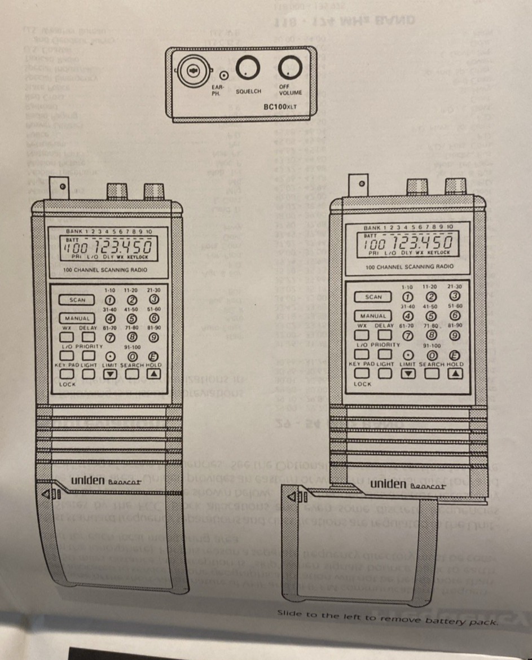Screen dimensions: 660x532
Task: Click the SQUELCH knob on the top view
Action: coord(246,69)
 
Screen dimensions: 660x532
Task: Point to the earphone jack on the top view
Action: coord(224,74)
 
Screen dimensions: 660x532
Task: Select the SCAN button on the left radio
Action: coord(78,300)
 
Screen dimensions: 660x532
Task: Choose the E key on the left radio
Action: coord(153,356)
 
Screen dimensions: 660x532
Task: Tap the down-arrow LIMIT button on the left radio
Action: coord(111,373)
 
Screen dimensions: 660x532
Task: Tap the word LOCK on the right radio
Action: coord(363,384)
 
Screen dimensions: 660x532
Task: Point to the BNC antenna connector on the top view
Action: coord(192,73)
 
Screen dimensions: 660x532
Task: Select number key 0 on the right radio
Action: coord(432,355)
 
